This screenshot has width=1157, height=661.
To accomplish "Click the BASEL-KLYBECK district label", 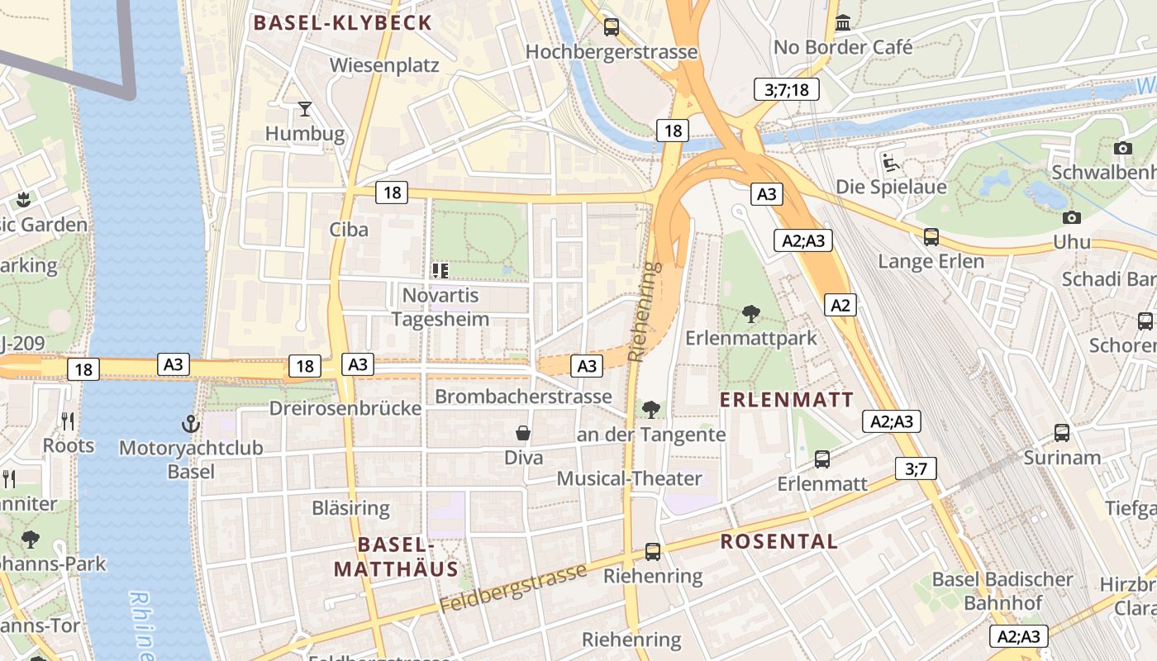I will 342,22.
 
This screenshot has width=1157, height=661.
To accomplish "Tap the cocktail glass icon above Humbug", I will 305,108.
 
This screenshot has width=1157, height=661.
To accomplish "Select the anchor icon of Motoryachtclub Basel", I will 191,425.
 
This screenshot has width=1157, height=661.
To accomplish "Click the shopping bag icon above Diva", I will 523,432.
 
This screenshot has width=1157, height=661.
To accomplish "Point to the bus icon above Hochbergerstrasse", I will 612,26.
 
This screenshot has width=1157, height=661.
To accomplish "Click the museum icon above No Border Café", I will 843,22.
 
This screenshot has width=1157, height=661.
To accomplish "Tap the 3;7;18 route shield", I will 786,89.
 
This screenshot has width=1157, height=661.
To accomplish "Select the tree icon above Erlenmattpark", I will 750,313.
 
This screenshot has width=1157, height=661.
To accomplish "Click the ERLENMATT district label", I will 786,400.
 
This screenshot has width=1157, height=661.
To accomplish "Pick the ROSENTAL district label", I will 778,542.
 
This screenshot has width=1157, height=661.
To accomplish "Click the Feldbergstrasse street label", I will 512,588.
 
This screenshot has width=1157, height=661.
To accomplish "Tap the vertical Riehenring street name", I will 645,312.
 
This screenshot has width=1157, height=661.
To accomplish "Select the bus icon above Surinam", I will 1062,432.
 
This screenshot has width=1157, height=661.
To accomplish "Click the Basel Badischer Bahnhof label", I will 1002,591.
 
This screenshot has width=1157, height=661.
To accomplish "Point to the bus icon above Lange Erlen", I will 931,237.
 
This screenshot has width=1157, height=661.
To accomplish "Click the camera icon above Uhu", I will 1072,217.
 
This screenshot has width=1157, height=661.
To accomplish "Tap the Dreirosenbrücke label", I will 345,408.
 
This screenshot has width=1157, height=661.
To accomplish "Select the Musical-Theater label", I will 629,478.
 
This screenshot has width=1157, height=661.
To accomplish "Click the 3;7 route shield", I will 916,469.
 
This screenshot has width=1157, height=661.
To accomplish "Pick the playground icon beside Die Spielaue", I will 890,161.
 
